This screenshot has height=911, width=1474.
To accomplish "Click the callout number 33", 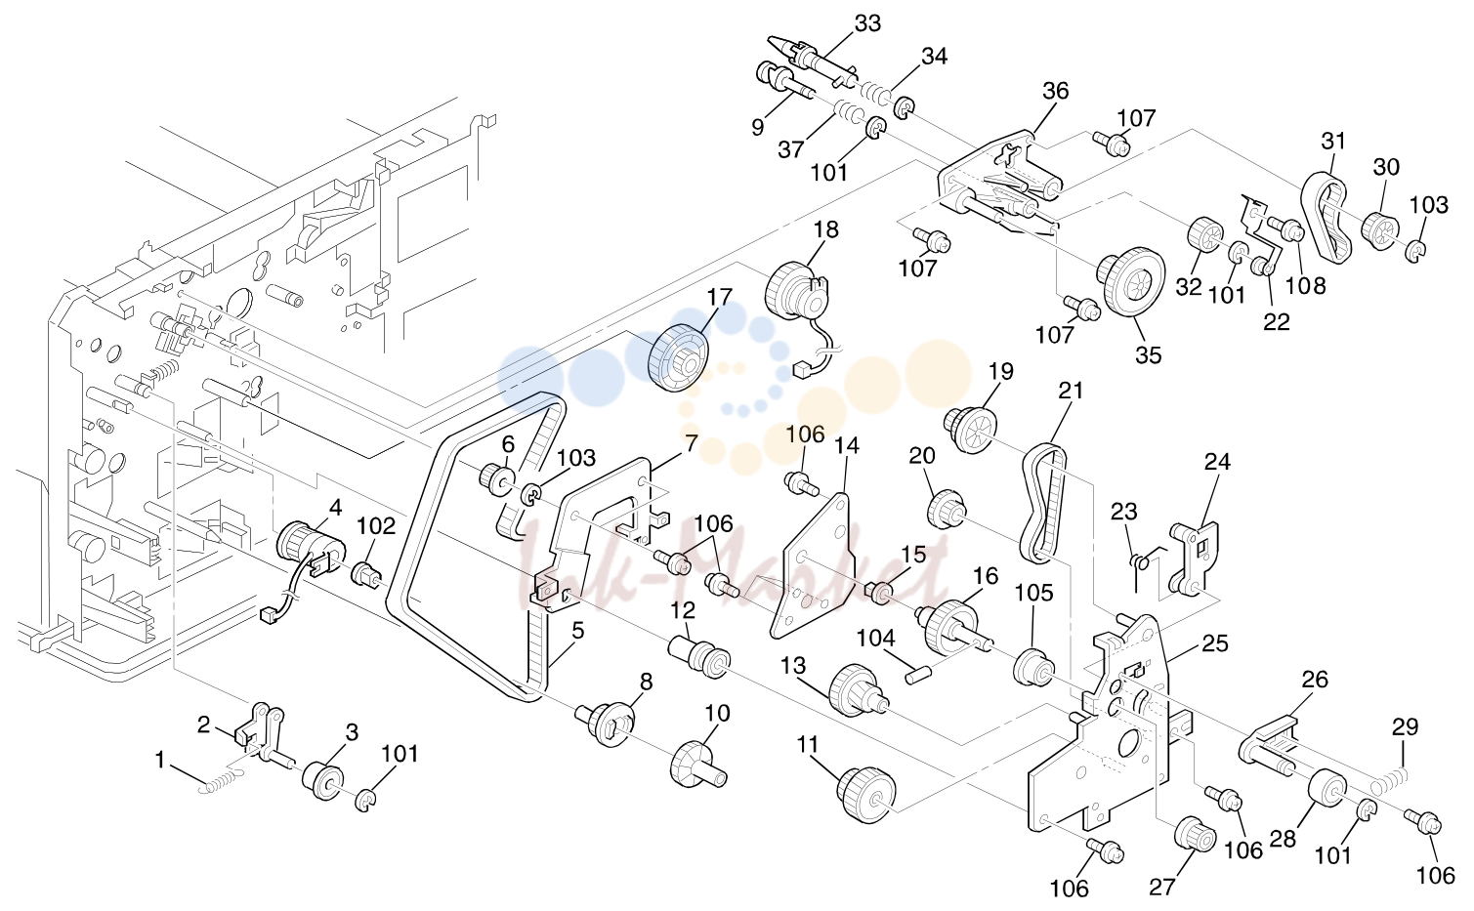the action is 867,23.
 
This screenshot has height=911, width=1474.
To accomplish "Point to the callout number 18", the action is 825,229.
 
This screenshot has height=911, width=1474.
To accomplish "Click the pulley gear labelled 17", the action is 678,358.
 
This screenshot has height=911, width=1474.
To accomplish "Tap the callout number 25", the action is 1215,643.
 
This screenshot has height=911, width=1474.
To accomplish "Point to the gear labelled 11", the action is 866,795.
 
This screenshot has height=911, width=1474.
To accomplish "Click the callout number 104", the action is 876,638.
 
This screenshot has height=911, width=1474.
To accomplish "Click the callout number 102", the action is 376,526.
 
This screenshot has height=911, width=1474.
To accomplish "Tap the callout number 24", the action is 1217,462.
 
